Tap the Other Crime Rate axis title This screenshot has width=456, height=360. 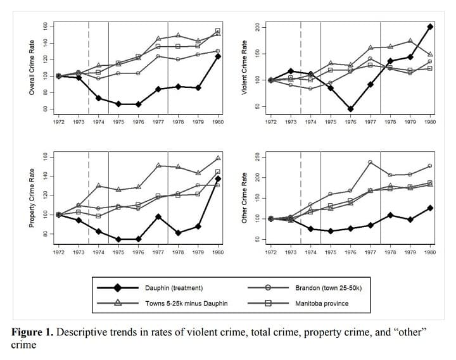pyautogui.click(x=244, y=197)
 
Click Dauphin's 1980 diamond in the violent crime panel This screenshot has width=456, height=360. pyautogui.click(x=430, y=27)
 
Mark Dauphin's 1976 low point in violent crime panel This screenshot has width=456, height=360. pyautogui.click(x=350, y=109)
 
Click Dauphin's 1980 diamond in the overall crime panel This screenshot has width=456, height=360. pyautogui.click(x=218, y=56)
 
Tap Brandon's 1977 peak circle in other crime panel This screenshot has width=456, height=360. pyautogui.click(x=370, y=162)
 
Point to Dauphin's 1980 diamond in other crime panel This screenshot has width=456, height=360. pyautogui.click(x=430, y=208)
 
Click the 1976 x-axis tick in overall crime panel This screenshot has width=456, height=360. pyautogui.click(x=138, y=121)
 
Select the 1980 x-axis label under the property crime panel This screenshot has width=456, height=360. pyautogui.click(x=218, y=252)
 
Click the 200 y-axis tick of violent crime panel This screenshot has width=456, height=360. pyautogui.click(x=256, y=27)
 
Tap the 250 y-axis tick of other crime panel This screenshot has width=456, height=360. pyautogui.click(x=256, y=157)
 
